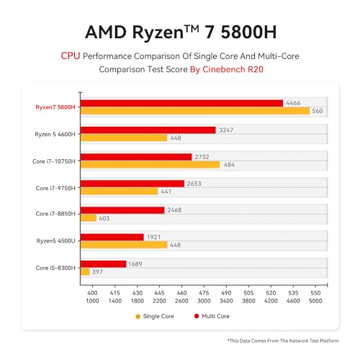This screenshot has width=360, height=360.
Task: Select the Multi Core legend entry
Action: [x=215, y=316]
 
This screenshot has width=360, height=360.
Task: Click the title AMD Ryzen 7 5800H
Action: [x=179, y=32]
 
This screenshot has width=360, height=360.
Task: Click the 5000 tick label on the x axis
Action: [x=315, y=300]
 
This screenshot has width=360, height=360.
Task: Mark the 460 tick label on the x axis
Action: [x=181, y=293]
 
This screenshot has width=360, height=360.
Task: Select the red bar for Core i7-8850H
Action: [x=122, y=210]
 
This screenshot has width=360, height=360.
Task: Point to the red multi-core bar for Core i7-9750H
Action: [x=132, y=183]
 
